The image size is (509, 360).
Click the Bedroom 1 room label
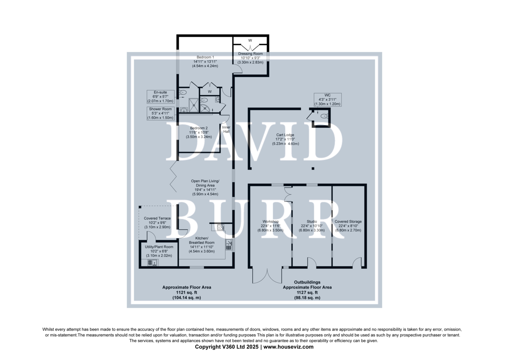click(205, 57)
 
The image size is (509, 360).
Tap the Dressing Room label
click(250, 53)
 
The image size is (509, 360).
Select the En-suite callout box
click(160, 97)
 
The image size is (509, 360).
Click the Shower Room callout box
click(160, 113)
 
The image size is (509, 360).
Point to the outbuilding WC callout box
click(327, 100)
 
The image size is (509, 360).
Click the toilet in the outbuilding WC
click(324, 116)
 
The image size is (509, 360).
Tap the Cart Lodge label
click(285, 135)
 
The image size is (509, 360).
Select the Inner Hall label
click(226, 129)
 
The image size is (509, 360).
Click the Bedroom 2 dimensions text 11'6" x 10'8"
click(199, 132)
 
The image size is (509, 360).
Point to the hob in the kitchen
click(220, 227)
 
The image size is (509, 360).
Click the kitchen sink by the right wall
click(229, 245)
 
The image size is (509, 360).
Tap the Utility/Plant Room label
click(159, 247)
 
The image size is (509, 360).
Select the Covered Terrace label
click(157, 218)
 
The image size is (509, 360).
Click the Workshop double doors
click(267, 276)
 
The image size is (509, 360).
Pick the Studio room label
click(312, 222)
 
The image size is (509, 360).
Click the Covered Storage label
click(348, 222)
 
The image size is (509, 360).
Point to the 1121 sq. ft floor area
click(187, 292)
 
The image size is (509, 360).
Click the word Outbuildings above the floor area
click(307, 282)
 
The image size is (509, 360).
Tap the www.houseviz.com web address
click(288, 347)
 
